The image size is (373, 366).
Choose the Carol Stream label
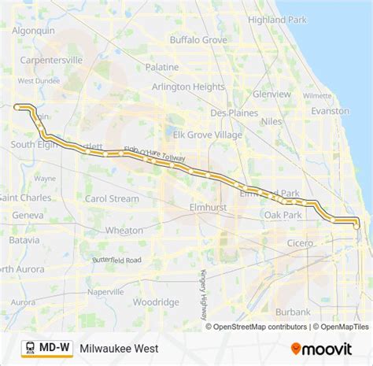tap(111, 199)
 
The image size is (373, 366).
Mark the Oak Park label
tap(283, 214)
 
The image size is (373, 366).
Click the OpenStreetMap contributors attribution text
tap(259, 327)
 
